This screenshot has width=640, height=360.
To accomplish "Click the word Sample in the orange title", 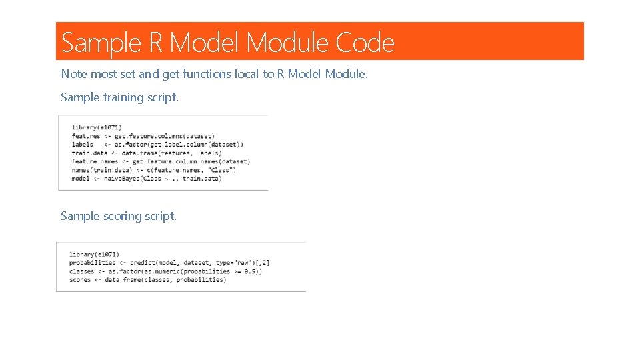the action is tap(101, 43).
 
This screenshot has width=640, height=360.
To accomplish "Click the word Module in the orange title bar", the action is tap(287, 43).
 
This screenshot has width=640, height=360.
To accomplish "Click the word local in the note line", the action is tap(247, 74).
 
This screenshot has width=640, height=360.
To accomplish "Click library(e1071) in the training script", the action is tap(97, 127).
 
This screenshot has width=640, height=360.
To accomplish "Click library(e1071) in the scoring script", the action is tap(94, 254).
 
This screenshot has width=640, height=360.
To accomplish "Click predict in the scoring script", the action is tap(143, 263).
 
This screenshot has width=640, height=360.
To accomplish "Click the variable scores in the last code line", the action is tap(80, 279).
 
